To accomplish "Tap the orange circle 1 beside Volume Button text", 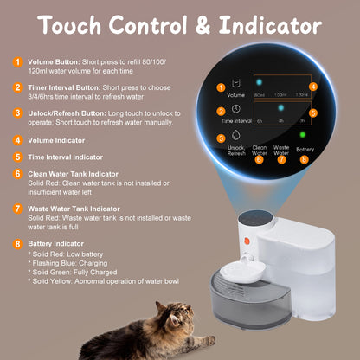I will pos(17,62).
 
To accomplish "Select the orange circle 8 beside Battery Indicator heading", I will pos(17,245).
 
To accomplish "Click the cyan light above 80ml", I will pos(258,83).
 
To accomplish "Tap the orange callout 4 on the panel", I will pos(313,87).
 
